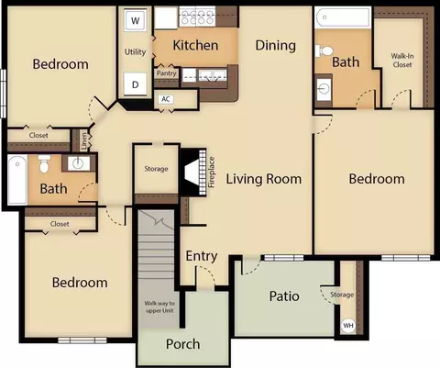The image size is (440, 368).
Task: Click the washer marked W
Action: tap(135, 21)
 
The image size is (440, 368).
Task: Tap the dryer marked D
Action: tap(135, 84)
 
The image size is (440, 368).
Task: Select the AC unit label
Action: tap(166, 99)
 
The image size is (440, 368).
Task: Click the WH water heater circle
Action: tap(348, 325)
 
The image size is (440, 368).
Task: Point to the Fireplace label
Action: tap(212, 172)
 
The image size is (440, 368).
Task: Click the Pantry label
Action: tap(167, 73)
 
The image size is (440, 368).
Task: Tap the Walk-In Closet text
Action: tap(402, 61)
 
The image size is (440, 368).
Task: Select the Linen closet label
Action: tap(84, 141)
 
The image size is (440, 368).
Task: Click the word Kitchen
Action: tap(195, 45)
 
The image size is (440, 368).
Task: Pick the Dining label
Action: tap(276, 46)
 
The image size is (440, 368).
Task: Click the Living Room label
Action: tap(264, 179)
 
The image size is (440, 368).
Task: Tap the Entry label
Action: tap(202, 256)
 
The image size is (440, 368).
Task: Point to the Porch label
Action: tap(183, 344)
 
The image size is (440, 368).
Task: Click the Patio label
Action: tap(284, 296)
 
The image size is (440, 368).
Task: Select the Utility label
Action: tap(135, 52)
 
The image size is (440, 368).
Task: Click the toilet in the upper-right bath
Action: tap(324, 50)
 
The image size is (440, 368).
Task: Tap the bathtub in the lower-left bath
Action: tap(17, 180)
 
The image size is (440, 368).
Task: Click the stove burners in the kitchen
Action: tap(197, 17)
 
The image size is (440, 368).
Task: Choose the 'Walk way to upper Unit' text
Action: tap(159, 307)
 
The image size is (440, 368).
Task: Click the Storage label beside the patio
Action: tap(342, 295)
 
